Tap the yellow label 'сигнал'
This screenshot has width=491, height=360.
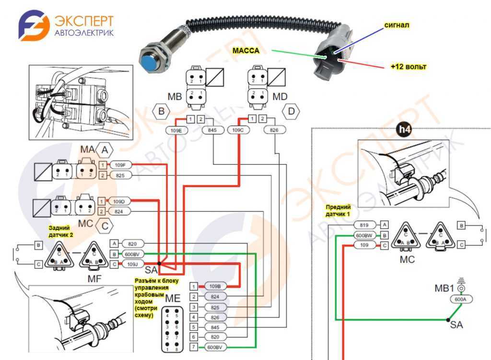(396, 25)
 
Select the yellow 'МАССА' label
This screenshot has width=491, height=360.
(245, 50)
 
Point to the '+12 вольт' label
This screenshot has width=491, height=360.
(408, 67)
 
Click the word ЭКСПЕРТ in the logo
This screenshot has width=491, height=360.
(84, 22)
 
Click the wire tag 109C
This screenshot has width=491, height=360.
(238, 130)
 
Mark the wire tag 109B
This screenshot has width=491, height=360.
(216, 286)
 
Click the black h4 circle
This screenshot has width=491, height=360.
(406, 128)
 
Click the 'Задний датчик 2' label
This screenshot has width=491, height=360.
(61, 232)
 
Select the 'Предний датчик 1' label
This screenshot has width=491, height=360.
(339, 209)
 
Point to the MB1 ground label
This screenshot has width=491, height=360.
(444, 289)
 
